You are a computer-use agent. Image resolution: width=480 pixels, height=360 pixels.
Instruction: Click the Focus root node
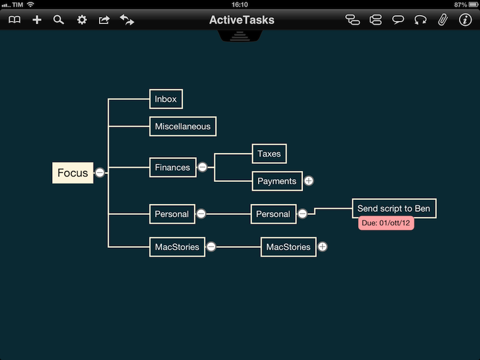[x=73, y=173]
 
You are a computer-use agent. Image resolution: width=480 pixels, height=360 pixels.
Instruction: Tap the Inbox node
[x=166, y=99]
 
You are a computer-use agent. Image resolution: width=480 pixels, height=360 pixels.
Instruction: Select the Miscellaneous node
[x=182, y=127]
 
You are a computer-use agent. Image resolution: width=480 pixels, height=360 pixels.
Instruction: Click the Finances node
[x=172, y=167]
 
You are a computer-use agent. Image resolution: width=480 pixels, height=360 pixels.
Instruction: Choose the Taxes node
[x=269, y=154]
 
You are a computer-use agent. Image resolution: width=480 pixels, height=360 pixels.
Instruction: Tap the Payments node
[x=277, y=181]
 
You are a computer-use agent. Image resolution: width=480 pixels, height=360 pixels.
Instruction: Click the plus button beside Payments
[x=308, y=181]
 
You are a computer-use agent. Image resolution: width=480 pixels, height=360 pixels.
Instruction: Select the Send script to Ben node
[x=394, y=208]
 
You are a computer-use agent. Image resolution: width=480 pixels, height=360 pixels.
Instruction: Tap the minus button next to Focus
[x=100, y=173]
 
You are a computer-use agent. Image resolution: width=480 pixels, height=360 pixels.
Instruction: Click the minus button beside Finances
[x=203, y=167]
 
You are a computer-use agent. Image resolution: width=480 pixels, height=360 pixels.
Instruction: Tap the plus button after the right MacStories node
[x=322, y=247]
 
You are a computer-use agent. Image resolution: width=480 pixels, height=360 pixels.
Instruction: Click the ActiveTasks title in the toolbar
[x=241, y=20]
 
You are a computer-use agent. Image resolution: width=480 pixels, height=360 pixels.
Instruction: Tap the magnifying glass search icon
[x=58, y=20]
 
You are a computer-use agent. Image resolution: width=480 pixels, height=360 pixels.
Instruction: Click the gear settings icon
[x=82, y=20]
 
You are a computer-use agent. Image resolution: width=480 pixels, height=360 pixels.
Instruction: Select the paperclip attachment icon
[x=442, y=20]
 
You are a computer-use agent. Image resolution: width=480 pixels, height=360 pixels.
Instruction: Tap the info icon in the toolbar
[x=465, y=20]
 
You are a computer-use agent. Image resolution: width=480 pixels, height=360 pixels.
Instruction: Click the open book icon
[x=14, y=20]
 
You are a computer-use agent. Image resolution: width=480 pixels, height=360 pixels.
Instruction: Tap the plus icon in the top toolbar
[x=37, y=20]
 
